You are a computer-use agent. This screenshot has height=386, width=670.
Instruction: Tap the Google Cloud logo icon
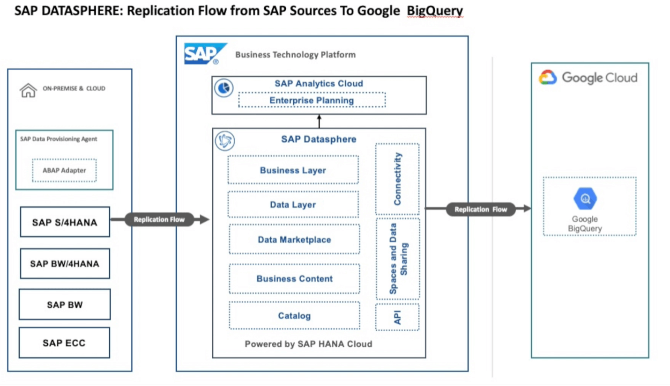548,78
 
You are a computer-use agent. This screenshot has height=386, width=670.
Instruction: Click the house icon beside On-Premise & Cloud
28,90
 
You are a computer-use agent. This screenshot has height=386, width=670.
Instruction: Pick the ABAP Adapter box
65,170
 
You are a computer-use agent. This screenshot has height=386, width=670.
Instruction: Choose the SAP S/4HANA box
65,222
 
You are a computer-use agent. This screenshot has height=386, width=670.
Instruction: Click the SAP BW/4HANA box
65,263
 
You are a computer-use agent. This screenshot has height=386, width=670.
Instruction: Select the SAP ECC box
64,343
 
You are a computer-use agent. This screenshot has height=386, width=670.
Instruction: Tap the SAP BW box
65,305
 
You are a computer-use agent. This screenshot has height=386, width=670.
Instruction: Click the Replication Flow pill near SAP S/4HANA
159,219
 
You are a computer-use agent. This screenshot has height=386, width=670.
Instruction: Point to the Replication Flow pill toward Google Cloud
481,209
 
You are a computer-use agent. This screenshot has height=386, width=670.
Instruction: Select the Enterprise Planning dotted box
312,100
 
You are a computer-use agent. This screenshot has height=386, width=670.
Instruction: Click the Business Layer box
293,170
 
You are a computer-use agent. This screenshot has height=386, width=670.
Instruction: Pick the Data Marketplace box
294,240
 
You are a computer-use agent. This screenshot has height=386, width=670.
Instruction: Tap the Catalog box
294,316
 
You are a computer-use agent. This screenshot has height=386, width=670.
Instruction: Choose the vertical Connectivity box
397,179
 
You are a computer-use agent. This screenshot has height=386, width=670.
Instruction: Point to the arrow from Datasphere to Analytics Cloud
319,121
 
